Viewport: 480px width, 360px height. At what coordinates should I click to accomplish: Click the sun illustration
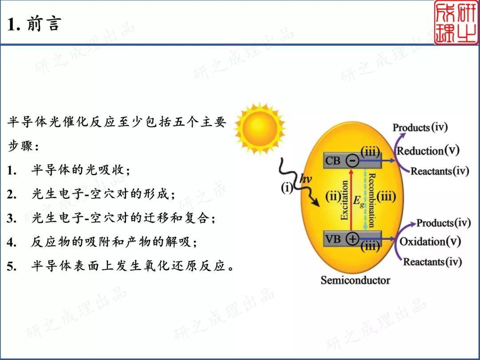(x=260, y=128)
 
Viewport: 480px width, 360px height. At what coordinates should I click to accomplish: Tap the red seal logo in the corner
(x=456, y=23)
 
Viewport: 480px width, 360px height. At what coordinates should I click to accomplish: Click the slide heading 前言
(x=44, y=24)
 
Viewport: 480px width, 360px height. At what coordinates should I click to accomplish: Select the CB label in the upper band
(x=332, y=160)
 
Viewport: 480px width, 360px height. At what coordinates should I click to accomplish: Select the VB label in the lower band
(x=332, y=239)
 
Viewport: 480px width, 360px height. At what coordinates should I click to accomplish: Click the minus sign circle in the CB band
(x=352, y=160)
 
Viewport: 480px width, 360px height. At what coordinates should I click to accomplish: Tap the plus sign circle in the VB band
(x=352, y=239)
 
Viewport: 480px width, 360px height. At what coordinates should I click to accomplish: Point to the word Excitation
(x=344, y=200)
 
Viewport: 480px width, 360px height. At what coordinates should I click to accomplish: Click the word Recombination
(x=371, y=200)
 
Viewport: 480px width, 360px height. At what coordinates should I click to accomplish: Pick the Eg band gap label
(x=359, y=201)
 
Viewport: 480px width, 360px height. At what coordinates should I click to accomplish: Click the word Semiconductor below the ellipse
(x=356, y=280)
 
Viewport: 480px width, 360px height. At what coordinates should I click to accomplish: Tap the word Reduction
(x=420, y=151)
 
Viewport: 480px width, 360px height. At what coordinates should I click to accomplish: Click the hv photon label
(x=305, y=179)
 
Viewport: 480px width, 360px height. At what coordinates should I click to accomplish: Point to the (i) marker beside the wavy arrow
(x=287, y=188)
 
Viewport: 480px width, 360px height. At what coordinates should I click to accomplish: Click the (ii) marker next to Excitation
(x=333, y=196)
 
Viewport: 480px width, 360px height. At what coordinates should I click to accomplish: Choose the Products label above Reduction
(x=412, y=128)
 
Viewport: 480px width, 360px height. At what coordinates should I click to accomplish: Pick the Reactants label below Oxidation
(x=424, y=262)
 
